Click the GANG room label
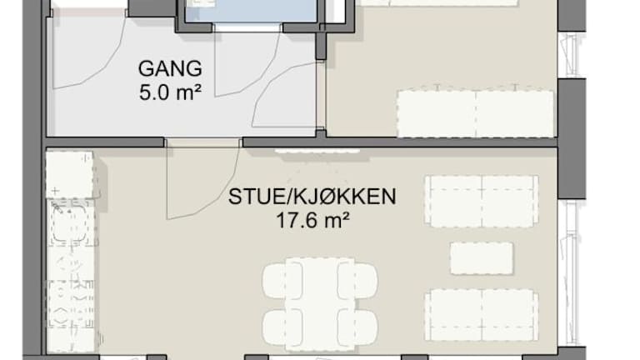click(170, 68)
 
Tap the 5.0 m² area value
click(170, 92)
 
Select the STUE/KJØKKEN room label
click(312, 197)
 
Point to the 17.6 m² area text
click(312, 221)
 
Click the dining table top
click(320, 304)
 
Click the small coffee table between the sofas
click(482, 258)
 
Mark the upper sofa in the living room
click(482, 201)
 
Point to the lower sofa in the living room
click(482, 315)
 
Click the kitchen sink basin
click(69, 223)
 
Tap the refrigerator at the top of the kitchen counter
click(69, 175)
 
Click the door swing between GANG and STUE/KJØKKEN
click(202, 180)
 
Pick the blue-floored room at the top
click(251, 12)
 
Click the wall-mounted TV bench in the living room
click(317, 152)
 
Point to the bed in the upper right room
click(476, 114)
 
